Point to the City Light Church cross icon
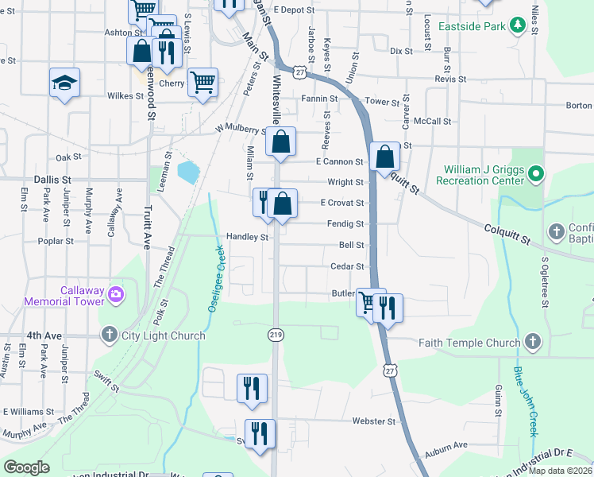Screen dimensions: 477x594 (x=109, y=335)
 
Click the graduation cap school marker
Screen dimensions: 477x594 (x=64, y=83)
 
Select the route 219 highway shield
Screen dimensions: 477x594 (x=276, y=336)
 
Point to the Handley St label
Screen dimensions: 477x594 (x=247, y=237)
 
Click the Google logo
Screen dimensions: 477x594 (x=26, y=467)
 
